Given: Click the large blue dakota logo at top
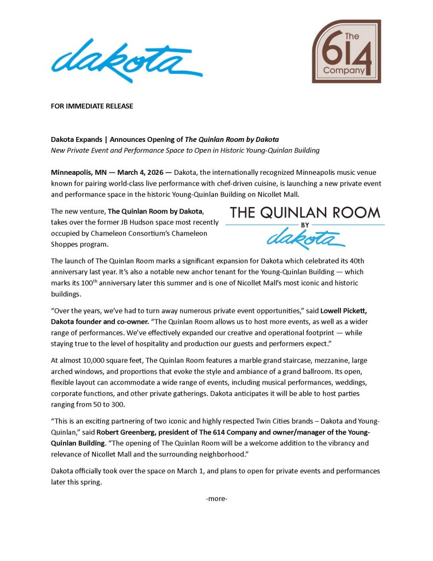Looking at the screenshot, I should pos(126,60).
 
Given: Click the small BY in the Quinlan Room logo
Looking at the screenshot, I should pos(305,225).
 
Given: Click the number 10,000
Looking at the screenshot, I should pos(103,362).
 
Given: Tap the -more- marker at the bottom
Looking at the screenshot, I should pos(216,499).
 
